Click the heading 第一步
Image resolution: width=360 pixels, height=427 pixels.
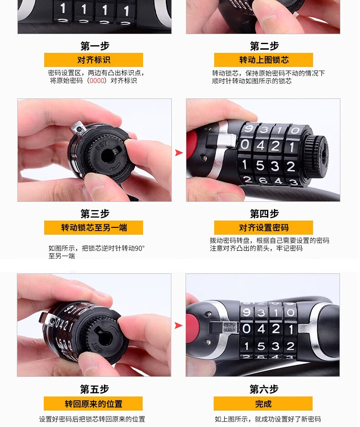coord(95,46)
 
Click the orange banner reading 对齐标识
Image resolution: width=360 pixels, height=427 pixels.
coord(94,60)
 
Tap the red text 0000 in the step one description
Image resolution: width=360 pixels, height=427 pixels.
coord(97,81)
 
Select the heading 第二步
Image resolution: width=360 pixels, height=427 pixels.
coord(264,46)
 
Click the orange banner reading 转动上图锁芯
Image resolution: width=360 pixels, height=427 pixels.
coord(263,60)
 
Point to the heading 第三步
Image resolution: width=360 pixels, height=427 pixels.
coord(95,214)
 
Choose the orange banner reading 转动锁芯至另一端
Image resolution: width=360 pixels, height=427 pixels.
coord(94,228)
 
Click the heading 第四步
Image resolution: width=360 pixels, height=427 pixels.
coord(264,214)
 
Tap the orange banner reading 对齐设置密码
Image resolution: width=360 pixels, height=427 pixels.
coord(263,228)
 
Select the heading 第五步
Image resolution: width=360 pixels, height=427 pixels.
coord(94,390)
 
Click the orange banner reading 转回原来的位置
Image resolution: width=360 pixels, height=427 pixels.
coord(93,404)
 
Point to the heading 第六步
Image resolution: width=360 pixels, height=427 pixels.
coord(263,390)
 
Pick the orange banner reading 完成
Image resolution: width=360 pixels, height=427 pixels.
coord(263,404)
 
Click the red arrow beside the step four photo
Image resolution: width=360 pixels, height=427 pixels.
coord(179,153)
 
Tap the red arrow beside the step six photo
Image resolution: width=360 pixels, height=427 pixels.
coord(178,325)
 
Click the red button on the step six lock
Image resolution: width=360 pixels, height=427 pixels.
coord(192,328)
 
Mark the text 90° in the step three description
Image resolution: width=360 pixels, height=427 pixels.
coord(140,248)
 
